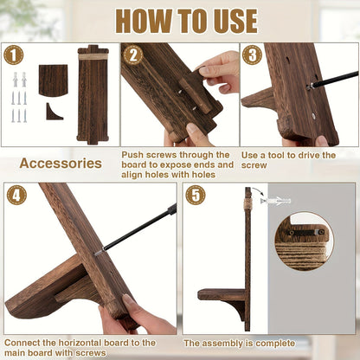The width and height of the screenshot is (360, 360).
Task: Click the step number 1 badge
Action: (x=14, y=55)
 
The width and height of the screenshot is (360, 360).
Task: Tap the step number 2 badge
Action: (x=133, y=55)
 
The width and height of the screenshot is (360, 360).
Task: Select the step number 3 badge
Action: (x=252, y=55)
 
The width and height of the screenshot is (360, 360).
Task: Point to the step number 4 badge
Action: (x=16, y=195)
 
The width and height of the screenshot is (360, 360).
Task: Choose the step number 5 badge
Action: (x=196, y=195)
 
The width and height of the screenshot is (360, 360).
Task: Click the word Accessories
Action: (x=61, y=164)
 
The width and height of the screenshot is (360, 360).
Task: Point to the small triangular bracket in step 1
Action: (x=54, y=112)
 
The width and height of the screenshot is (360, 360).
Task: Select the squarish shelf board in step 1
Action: (x=54, y=80)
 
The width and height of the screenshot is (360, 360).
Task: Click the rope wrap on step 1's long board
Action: (x=93, y=57)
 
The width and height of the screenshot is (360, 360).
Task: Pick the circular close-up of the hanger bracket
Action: (x=304, y=241)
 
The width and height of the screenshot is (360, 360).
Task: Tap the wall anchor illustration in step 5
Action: (x=275, y=201)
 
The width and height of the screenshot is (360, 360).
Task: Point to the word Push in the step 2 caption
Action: (x=132, y=155)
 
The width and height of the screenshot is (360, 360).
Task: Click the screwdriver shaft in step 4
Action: (x=136, y=229)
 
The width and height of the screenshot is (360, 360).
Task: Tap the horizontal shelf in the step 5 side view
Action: (x=222, y=295)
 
